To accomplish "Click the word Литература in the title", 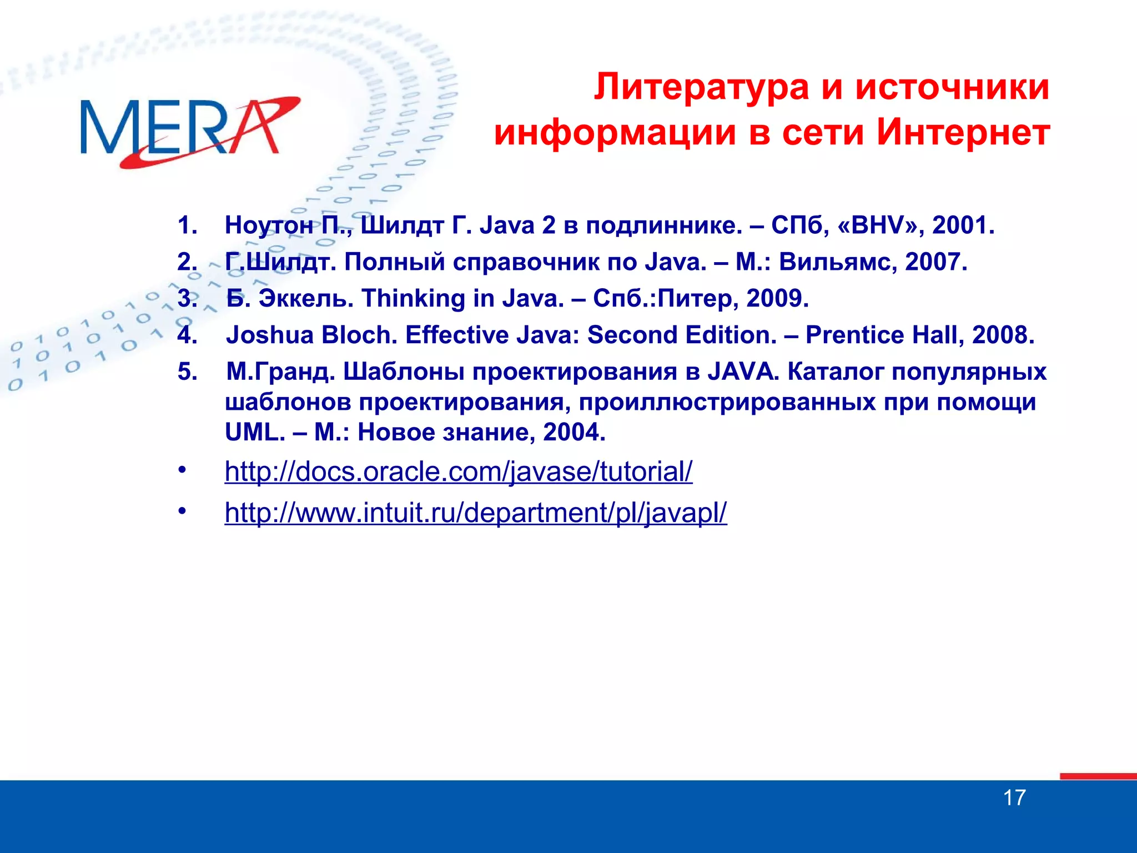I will (x=701, y=88).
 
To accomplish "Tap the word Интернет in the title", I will (x=963, y=133).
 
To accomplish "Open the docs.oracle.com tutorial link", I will (x=459, y=472).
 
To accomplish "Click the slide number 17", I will (x=1014, y=798).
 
